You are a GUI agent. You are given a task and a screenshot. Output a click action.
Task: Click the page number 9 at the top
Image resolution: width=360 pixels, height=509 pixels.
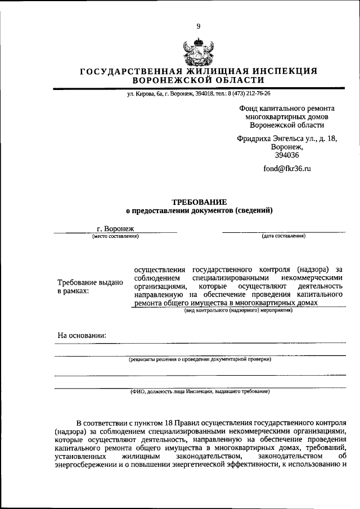point(198,26)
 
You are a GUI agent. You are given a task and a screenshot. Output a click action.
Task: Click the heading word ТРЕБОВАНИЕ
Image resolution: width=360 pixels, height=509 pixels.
point(199,201)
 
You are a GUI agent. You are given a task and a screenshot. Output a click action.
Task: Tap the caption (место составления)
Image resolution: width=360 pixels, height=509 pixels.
point(115,236)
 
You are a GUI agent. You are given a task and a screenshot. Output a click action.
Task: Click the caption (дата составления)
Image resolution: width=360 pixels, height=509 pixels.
point(283,236)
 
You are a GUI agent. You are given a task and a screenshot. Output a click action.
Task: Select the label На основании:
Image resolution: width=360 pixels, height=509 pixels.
point(82,336)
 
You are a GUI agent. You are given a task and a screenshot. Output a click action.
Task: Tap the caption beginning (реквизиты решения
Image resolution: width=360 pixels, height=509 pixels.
point(200,359)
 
